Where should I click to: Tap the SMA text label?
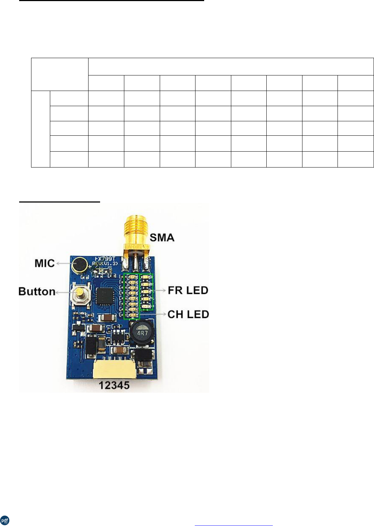coord(162,238)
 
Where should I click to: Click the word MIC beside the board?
coord(44,263)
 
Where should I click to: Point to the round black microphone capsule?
coord(79,264)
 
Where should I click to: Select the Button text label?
coord(37,291)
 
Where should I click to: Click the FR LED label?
coord(188,290)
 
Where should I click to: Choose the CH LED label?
coord(188,314)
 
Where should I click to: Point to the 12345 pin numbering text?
coord(114,386)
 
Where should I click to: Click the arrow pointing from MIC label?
coord(64,264)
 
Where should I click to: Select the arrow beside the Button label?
coord(64,292)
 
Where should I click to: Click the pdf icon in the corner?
coord(5,520)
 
